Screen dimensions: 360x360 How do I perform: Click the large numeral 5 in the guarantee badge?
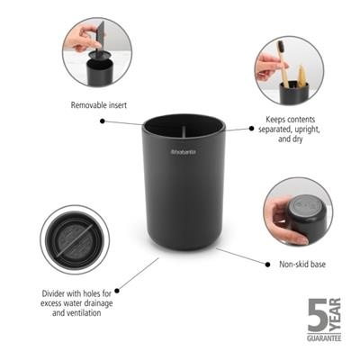(x=318, y=317)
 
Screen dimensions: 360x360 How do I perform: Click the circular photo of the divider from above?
(x=74, y=239)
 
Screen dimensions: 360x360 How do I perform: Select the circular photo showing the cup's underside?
(x=298, y=211)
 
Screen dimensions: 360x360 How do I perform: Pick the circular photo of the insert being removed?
(x=96, y=52)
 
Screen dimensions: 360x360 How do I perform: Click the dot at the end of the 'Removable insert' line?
(x=102, y=119)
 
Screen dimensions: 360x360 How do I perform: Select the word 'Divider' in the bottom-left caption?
(x=57, y=293)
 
